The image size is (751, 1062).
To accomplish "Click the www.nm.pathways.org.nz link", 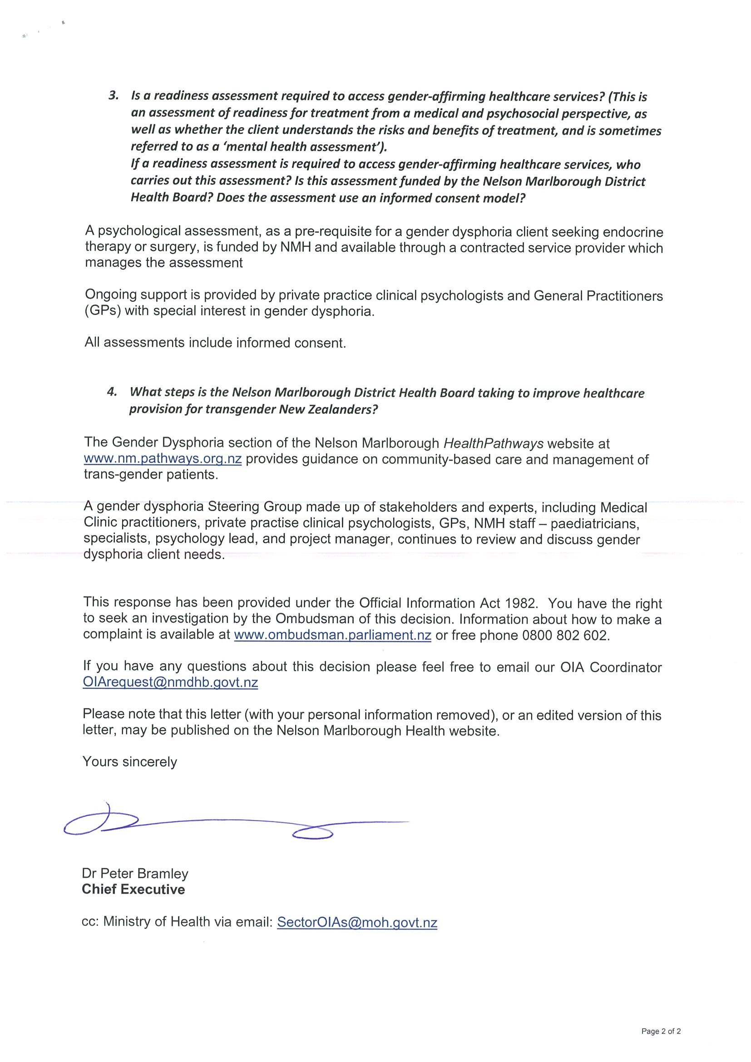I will tap(163, 459).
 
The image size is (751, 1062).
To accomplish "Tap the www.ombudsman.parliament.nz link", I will tap(333, 635).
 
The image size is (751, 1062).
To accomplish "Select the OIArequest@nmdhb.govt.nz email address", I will tap(170, 682).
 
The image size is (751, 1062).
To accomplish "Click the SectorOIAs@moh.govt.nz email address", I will tap(357, 922).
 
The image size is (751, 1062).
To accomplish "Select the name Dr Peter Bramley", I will tap(135, 873).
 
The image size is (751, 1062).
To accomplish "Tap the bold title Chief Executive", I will tap(133, 889).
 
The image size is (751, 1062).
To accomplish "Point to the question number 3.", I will tap(114, 96).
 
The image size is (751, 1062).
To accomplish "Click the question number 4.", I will tap(112, 392).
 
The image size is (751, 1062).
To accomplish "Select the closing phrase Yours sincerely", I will tap(129, 762).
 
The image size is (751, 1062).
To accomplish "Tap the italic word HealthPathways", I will tap(493, 443).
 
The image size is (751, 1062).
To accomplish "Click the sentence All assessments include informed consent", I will tap(215, 343).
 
